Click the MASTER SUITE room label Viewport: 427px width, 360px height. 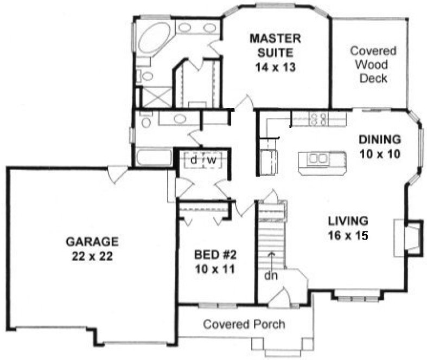tap(276, 46)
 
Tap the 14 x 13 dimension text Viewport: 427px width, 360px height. tap(276, 68)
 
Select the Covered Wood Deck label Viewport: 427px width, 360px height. tap(372, 65)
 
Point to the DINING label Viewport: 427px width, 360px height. tap(380, 138)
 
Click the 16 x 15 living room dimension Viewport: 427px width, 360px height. tap(348, 235)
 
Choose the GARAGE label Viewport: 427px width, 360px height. tap(92, 240)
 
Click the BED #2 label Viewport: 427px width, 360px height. tap(216, 254)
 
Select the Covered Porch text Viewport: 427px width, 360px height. tap(244, 324)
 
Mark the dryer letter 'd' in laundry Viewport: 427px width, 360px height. tap(194, 160)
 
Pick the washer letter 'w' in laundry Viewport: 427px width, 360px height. tap(212, 160)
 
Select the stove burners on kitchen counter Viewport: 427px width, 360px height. tap(318, 119)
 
